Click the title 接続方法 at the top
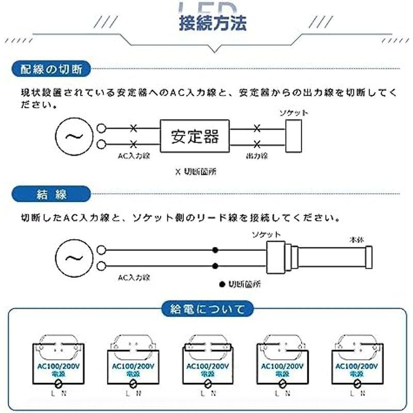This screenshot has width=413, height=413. tap(212, 24)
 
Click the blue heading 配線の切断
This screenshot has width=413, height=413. tap(52, 68)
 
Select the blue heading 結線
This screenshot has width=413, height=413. tap(52, 195)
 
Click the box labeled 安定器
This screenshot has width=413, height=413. tap(195, 136)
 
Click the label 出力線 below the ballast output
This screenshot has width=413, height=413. tap(257, 156)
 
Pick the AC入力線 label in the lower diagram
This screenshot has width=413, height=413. tap(134, 278)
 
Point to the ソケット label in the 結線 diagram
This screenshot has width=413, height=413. tap(267, 234)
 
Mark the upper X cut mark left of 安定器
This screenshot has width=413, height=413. tap(134, 128)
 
